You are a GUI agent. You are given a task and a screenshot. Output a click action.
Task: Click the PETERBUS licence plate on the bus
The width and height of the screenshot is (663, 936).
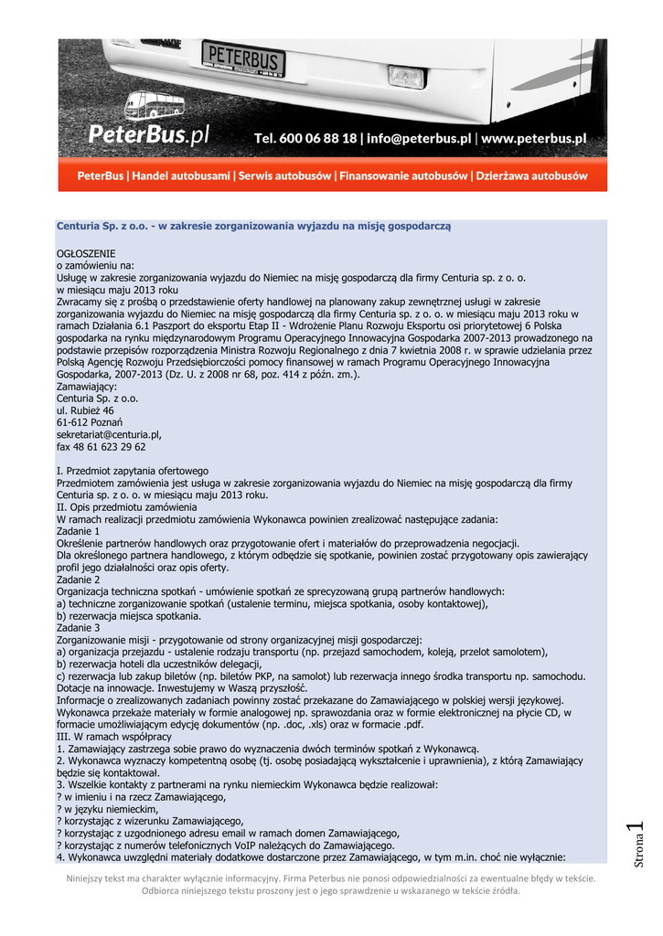(x=243, y=58)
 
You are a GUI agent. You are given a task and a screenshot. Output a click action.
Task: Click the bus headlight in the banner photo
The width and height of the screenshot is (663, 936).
(x=405, y=76)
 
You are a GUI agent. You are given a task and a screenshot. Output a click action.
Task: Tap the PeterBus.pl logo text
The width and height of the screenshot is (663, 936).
(x=149, y=135)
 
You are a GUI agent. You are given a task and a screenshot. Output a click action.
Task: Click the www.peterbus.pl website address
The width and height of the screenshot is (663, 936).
(x=533, y=138)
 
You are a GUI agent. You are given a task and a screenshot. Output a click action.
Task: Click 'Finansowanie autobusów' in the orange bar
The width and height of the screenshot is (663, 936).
(x=403, y=175)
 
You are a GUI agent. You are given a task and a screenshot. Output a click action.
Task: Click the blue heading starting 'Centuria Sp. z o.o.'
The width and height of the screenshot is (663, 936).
(x=254, y=225)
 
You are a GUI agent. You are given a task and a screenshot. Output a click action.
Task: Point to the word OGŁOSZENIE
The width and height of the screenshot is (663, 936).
(x=87, y=252)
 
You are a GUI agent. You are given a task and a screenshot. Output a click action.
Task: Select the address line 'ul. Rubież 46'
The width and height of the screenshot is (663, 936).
(x=85, y=411)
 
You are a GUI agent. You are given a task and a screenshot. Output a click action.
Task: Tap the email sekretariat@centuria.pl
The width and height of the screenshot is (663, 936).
(x=109, y=435)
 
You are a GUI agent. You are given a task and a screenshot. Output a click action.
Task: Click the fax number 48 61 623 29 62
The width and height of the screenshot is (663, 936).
(x=101, y=447)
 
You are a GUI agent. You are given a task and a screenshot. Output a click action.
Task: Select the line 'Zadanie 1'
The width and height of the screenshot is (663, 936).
(x=78, y=531)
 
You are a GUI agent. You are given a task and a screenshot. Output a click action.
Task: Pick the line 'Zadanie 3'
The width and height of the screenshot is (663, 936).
(x=78, y=628)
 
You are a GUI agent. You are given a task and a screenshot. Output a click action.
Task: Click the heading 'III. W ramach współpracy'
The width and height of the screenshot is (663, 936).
(x=114, y=737)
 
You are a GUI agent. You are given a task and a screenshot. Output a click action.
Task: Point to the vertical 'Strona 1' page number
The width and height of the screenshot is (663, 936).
(x=639, y=846)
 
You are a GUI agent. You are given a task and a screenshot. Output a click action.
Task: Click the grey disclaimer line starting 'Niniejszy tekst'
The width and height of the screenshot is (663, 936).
(x=330, y=878)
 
